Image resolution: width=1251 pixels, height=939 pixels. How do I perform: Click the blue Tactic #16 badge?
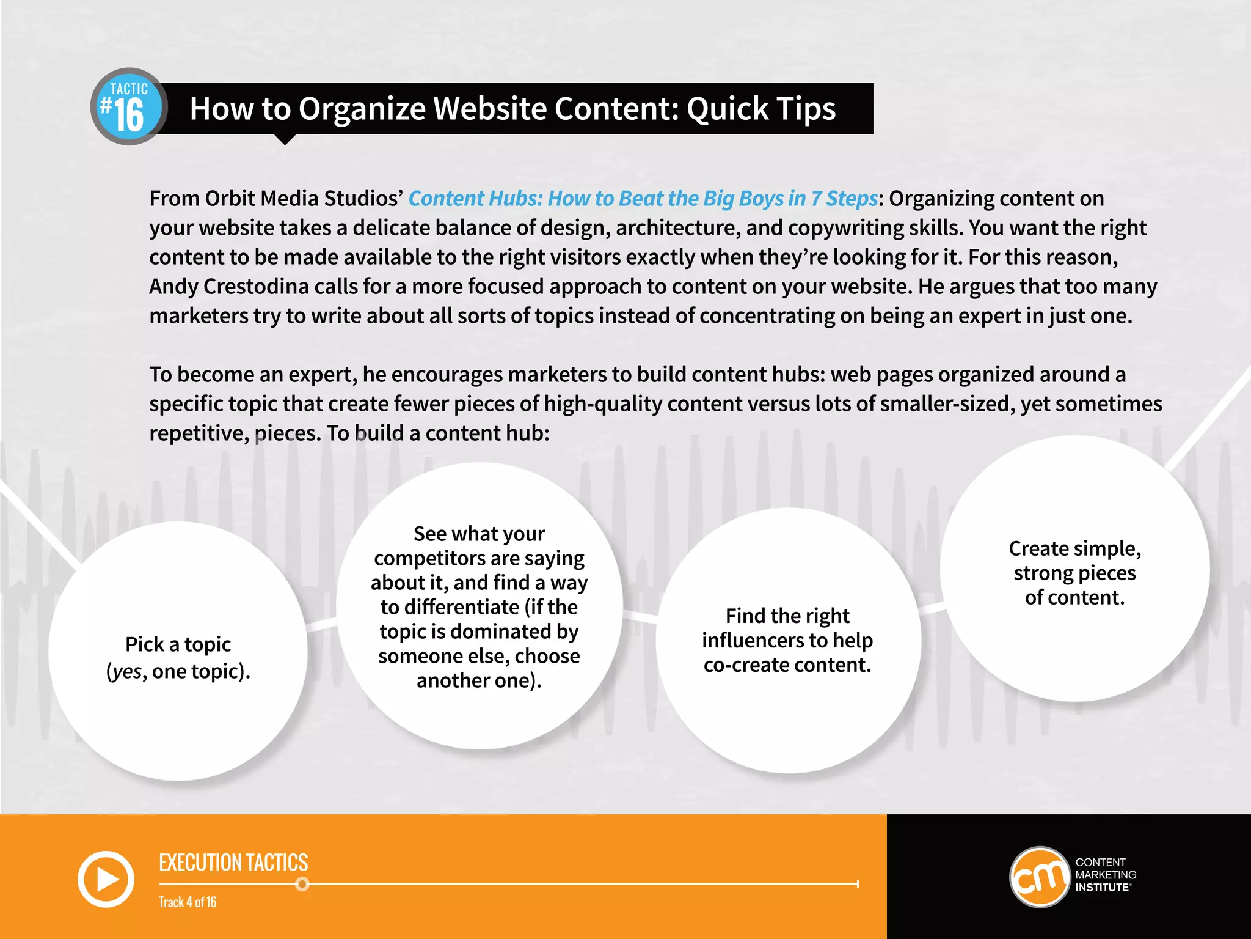click(129, 107)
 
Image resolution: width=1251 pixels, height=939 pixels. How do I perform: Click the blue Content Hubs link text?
click(643, 199)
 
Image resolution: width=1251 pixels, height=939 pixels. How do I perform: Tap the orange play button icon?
click(106, 879)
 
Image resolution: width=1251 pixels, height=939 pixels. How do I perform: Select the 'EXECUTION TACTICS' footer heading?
click(233, 863)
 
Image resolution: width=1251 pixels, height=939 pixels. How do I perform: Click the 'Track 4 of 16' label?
click(188, 902)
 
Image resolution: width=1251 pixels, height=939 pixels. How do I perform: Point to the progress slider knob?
click(302, 884)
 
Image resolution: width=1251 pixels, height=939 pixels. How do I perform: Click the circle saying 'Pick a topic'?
click(178, 650)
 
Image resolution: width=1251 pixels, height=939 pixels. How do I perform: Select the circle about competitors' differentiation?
click(480, 606)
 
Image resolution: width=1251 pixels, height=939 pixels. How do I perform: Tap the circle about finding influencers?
click(788, 640)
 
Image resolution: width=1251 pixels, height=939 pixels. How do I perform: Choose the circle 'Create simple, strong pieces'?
click(1074, 569)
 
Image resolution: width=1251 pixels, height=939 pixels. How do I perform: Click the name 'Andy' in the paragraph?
click(173, 287)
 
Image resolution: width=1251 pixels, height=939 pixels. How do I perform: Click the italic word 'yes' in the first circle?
click(128, 672)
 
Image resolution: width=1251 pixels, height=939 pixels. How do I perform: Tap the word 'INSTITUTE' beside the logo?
click(1102, 888)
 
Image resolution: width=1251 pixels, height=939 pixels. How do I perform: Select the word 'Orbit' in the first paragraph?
click(224, 199)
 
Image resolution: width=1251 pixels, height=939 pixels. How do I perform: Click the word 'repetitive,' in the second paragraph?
click(199, 433)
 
